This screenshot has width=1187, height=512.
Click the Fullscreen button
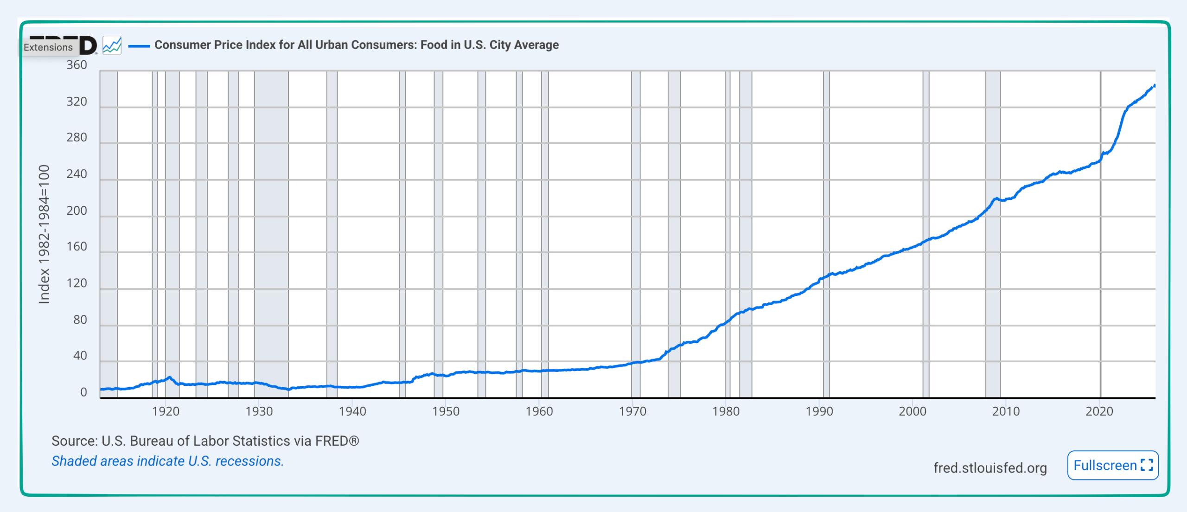coord(1112,465)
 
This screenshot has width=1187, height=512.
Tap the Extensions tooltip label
coord(48,47)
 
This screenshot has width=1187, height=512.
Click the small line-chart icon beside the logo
coord(112,45)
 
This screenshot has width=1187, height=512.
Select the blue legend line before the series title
coord(139,45)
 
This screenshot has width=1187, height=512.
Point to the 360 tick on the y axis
coord(77,65)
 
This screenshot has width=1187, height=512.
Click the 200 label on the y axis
coord(77,211)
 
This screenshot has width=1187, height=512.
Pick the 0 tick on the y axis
coord(83,392)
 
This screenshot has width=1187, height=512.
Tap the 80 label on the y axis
coord(80,320)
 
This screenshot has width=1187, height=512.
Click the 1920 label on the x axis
coord(166,411)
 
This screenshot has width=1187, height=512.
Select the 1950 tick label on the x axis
coord(446,411)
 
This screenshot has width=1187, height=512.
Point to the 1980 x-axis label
coord(726,411)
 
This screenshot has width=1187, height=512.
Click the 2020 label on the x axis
coord(1099,411)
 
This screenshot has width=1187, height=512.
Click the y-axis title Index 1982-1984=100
coord(44,234)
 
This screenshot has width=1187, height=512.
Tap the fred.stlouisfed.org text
coord(990,468)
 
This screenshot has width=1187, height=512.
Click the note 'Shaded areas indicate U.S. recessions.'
coord(167,461)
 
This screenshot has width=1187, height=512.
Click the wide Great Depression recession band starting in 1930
coord(271,232)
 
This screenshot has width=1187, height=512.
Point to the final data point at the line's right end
coord(1154,85)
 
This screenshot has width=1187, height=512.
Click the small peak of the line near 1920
coord(170,378)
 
